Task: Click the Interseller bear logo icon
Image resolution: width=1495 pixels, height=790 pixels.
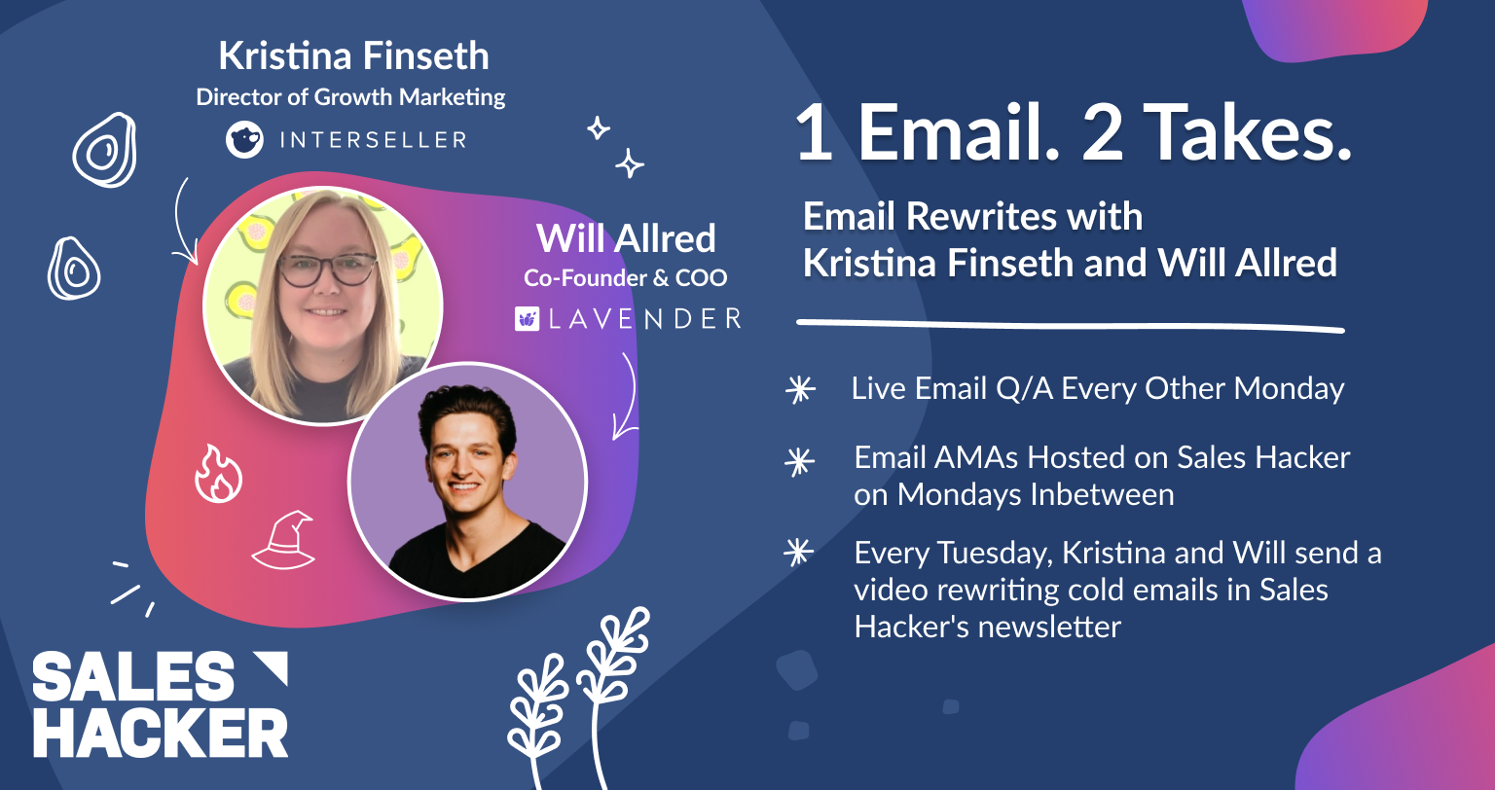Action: (244, 139)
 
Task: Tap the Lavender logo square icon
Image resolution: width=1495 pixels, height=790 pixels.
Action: (528, 318)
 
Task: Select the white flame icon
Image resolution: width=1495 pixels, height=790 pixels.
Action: (218, 474)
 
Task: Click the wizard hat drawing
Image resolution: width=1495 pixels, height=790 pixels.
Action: (283, 541)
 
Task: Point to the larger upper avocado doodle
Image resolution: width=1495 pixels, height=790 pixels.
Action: (105, 150)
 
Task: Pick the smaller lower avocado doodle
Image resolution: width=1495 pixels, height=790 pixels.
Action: (73, 269)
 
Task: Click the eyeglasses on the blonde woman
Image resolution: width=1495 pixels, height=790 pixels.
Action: (326, 269)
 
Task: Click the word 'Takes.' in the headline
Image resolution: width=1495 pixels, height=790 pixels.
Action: (1248, 132)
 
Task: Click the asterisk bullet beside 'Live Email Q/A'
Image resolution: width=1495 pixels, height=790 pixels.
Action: (800, 390)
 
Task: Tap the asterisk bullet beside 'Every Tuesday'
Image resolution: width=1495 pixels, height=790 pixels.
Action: (799, 553)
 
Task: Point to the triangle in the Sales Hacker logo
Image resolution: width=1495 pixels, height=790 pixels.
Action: (273, 667)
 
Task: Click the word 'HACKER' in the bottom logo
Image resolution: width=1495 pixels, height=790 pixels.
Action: (161, 733)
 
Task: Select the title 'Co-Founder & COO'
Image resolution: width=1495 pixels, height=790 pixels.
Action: (626, 277)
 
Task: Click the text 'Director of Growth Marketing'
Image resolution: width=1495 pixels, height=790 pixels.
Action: (350, 97)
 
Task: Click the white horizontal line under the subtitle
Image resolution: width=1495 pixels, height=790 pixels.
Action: (1070, 326)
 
